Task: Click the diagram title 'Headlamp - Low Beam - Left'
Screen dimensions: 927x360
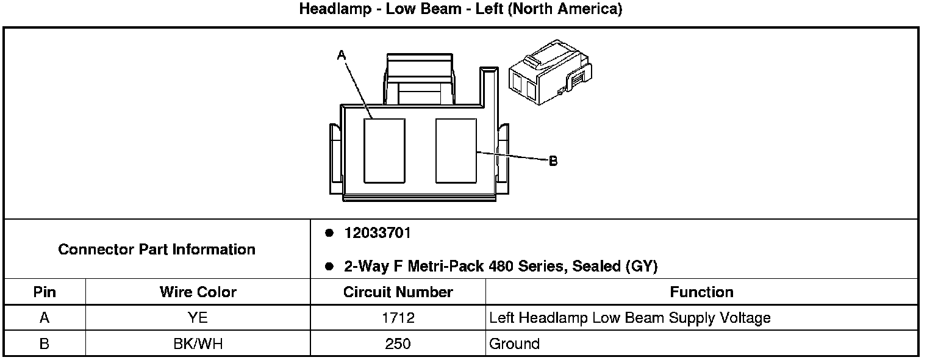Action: coord(460,10)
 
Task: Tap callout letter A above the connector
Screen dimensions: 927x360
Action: coord(342,56)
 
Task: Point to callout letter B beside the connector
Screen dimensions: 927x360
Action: coord(553,161)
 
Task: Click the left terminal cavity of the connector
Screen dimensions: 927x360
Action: coord(384,151)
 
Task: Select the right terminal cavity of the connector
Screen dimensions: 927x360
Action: coord(456,151)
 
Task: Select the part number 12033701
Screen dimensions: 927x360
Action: coord(378,233)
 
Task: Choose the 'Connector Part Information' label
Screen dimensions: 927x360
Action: coord(157,250)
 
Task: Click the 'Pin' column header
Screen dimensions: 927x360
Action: coord(45,292)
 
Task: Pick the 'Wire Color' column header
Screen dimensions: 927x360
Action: coord(198,292)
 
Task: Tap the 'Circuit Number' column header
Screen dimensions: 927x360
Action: coord(398,292)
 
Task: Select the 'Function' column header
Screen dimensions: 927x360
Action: coord(701,292)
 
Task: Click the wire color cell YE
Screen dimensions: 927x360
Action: coord(198,318)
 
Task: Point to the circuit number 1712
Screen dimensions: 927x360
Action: coord(398,318)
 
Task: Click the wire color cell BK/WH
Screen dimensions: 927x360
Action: coord(198,344)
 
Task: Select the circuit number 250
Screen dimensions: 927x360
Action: coord(398,344)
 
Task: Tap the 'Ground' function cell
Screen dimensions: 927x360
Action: coord(514,344)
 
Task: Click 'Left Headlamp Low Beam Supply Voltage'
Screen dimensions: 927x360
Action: coord(630,318)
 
